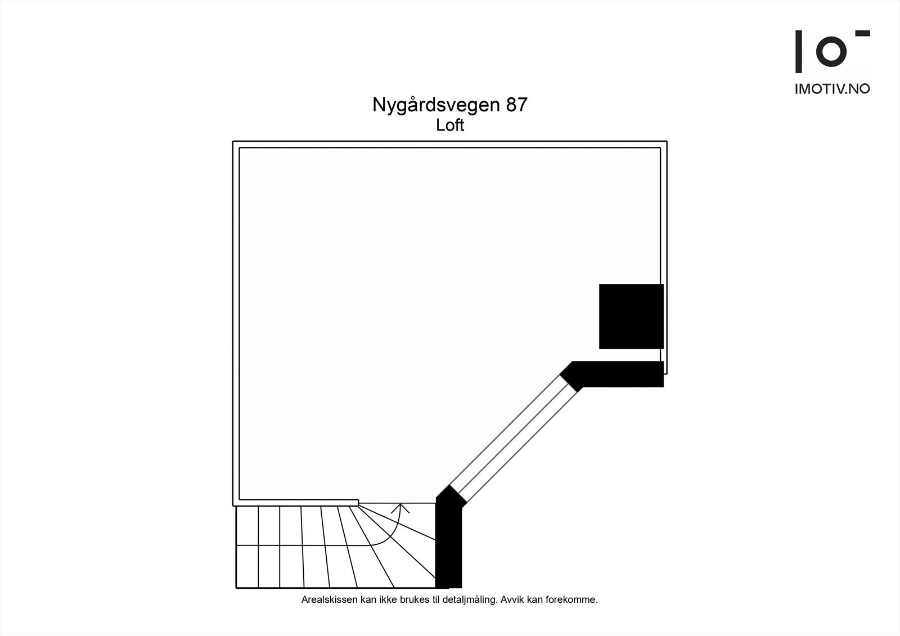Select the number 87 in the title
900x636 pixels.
pos(517,105)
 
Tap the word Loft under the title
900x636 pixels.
pos(450,125)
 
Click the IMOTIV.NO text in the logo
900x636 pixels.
pos(832,89)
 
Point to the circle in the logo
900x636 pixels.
pos(831,51)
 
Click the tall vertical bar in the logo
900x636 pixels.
pos(799,51)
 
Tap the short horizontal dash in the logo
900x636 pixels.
pos(862,33)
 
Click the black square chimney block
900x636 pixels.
pos(631,317)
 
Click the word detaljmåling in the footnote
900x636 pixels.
pos(469,600)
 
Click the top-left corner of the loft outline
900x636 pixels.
pos(233,141)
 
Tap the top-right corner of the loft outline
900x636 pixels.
pos(667,141)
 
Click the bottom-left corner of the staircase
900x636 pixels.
pos(236,588)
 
